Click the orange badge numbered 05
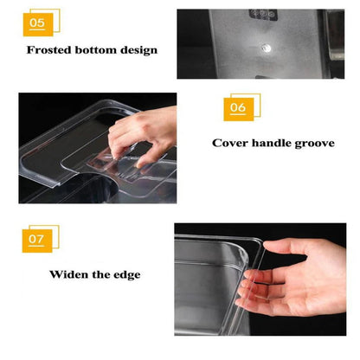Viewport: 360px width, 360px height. coord(39,23)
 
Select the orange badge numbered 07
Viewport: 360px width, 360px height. coord(39,238)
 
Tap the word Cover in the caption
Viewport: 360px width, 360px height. coord(232,142)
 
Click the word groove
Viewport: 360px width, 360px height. coord(315,142)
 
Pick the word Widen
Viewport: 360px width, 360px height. coord(70,275)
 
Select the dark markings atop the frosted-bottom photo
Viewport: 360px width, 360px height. coord(264,15)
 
